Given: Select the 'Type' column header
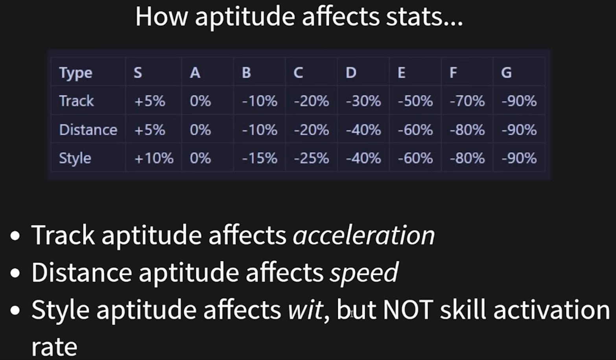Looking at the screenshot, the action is tap(76, 73).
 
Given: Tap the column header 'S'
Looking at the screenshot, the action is tap(138, 73).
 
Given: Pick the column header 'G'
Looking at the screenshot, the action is tap(506, 73).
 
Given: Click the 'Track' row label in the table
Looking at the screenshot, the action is tap(76, 101).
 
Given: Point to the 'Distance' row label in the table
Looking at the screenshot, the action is tap(88, 129).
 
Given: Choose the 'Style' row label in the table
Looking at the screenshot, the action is tap(75, 159).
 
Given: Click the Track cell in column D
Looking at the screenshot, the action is tap(363, 101).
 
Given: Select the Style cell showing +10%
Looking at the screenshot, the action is tap(154, 159).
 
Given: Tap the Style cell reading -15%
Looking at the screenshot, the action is tap(259, 159).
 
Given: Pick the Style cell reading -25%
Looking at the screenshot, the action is tap(311, 159).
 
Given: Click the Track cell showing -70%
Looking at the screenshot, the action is tap(467, 101).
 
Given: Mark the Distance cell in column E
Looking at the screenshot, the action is tap(415, 130).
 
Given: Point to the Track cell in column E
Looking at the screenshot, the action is tap(415, 101).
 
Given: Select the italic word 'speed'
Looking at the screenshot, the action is tap(364, 273).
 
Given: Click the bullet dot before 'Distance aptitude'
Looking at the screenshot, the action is tap(15, 273).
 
